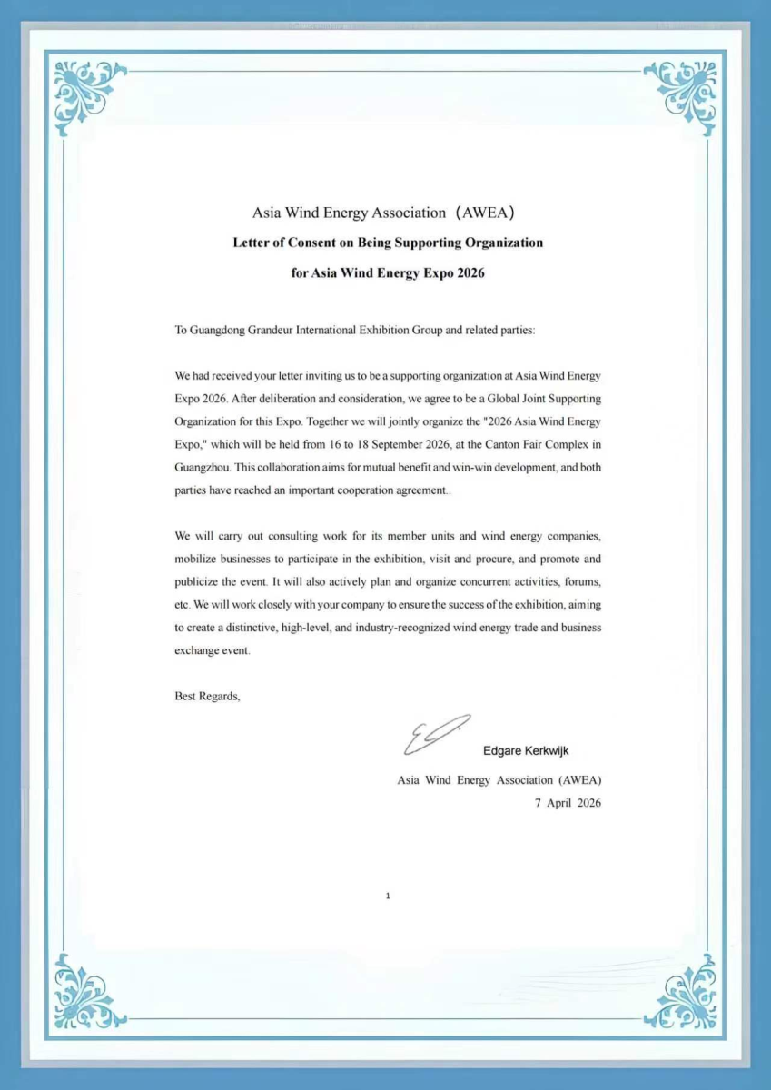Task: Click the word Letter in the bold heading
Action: pos(252,243)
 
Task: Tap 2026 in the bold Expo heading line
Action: pos(467,272)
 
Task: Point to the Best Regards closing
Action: pos(207,697)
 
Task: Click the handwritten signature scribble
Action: pos(437,734)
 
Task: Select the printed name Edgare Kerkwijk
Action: pos(526,751)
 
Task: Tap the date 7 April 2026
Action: pos(568,803)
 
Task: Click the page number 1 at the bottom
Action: pos(388,897)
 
